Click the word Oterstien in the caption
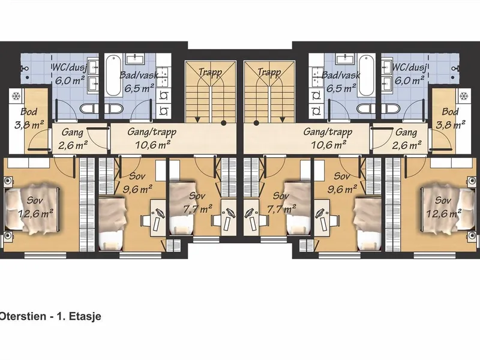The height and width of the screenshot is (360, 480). click(22, 316)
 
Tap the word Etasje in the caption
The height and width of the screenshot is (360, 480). click(85, 317)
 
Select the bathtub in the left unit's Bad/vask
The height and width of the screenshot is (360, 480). click(113, 76)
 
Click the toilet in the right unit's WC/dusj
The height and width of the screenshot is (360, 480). click(393, 109)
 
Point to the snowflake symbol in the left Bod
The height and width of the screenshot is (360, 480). click(16, 97)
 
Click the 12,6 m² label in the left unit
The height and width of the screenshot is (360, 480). click(35, 213)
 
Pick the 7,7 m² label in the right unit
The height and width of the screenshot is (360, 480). click(281, 209)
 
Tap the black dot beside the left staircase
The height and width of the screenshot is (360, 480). click(224, 123)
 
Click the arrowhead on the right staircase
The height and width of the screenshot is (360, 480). click(282, 119)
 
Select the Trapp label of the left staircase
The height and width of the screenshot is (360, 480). click(211, 73)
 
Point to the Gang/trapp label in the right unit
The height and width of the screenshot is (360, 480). click(328, 132)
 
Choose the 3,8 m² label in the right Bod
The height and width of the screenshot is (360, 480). click(451, 125)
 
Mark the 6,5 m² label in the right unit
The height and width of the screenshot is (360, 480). click(341, 88)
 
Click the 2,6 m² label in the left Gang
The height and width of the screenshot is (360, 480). click(73, 145)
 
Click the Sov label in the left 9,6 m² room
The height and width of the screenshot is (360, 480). click(137, 176)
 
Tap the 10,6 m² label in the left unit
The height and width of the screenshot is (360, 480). click(152, 144)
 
